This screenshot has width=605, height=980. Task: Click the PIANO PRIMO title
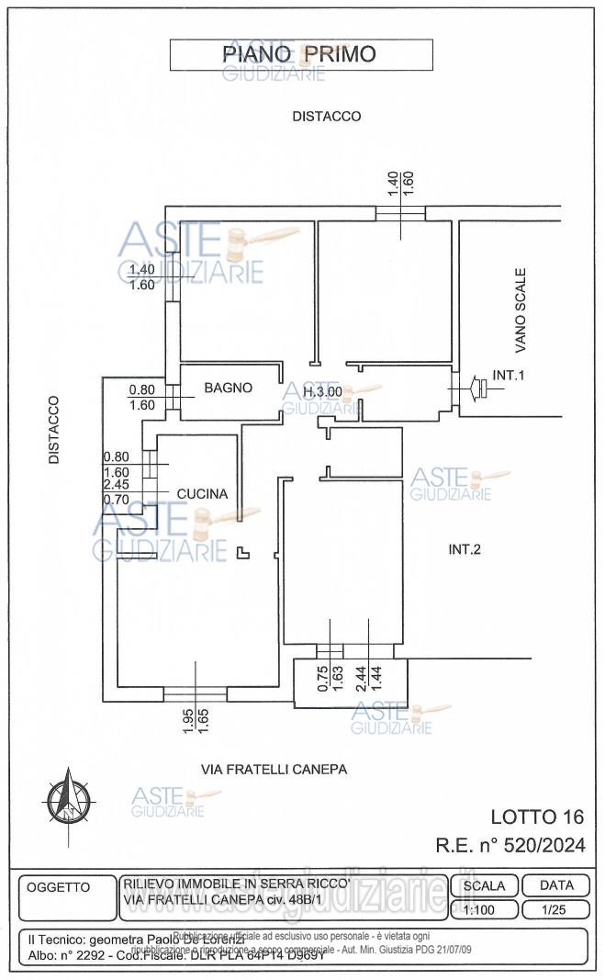299,54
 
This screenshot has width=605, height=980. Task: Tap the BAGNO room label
228,389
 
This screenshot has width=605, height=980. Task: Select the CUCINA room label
202,494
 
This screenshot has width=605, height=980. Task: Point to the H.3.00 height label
322,392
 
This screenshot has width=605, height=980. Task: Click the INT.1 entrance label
509,376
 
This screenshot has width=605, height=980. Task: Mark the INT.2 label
465,550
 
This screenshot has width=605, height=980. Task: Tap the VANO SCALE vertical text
521,310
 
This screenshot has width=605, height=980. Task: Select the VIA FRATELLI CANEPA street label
274,770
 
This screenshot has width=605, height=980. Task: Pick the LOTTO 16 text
537,817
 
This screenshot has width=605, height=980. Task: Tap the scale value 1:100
484,909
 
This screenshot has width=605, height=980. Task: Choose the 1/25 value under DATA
554,909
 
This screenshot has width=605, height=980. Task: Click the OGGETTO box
59,887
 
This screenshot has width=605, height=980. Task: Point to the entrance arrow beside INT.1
478,389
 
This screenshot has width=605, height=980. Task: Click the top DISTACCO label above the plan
326,117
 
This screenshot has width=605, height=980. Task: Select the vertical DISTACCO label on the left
54,429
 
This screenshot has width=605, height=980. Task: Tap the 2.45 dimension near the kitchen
116,485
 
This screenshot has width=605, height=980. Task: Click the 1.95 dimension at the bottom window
187,719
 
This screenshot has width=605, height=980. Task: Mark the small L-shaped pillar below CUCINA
242,552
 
